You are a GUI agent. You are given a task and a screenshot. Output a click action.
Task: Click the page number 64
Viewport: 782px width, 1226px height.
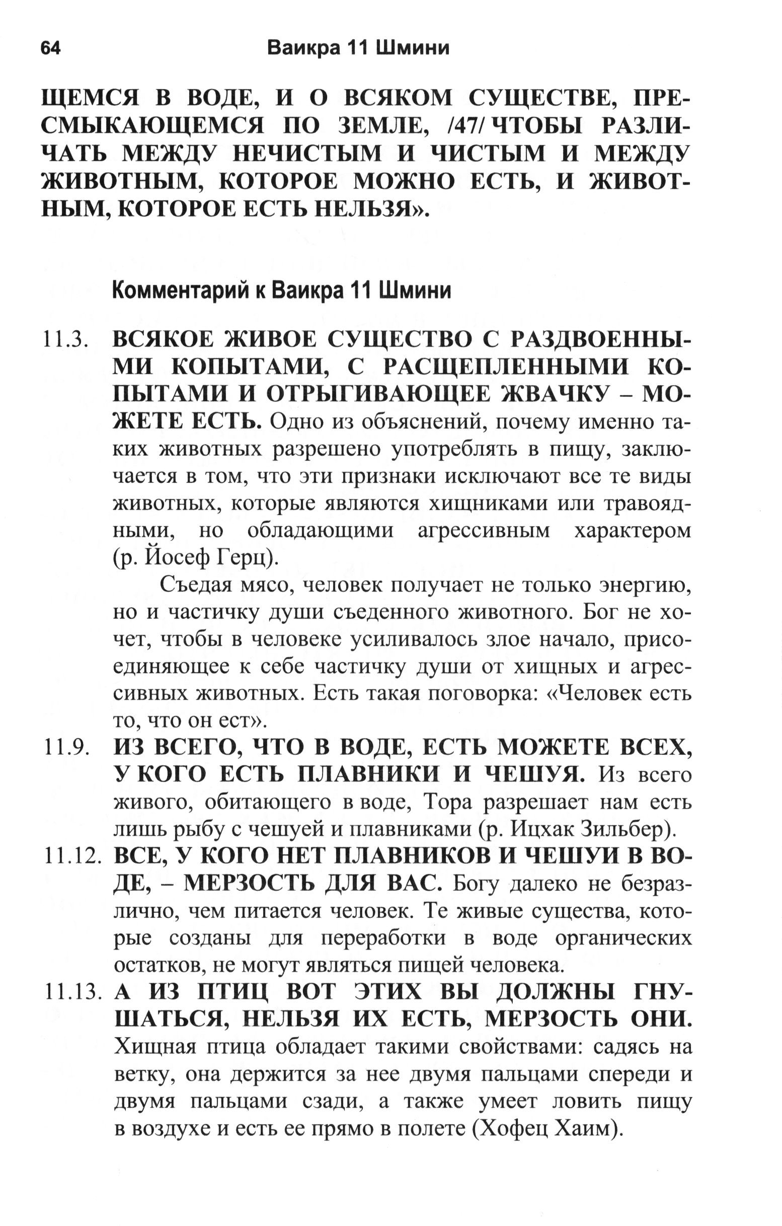tap(50, 48)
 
